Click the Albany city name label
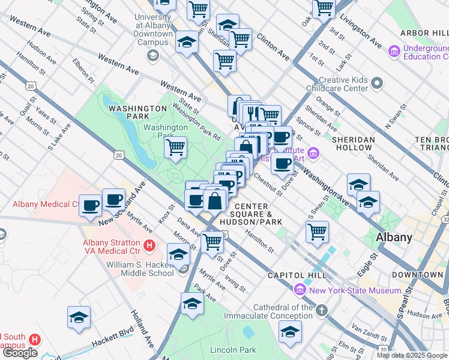(394, 237)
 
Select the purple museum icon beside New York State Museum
(300, 290)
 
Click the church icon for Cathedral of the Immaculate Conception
(322, 310)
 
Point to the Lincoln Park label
(233, 350)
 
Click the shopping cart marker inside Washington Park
(175, 147)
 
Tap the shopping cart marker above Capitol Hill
(317, 231)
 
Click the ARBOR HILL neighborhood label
(424, 33)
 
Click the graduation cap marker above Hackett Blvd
(79, 317)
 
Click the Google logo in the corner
(20, 353)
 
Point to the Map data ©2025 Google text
(412, 355)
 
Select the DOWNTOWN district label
(417, 275)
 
